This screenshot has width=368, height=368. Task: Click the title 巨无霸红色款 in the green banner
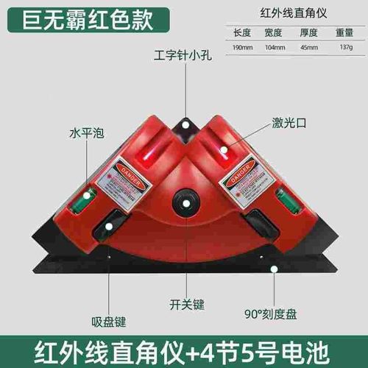tap(85, 17)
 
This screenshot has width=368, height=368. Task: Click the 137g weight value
tap(346, 47)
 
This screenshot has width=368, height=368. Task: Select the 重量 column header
tap(346, 33)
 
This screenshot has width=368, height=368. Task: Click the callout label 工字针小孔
tap(183, 54)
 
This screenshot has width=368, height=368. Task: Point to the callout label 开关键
tap(183, 303)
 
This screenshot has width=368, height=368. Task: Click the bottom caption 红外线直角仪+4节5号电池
tap(184, 346)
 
